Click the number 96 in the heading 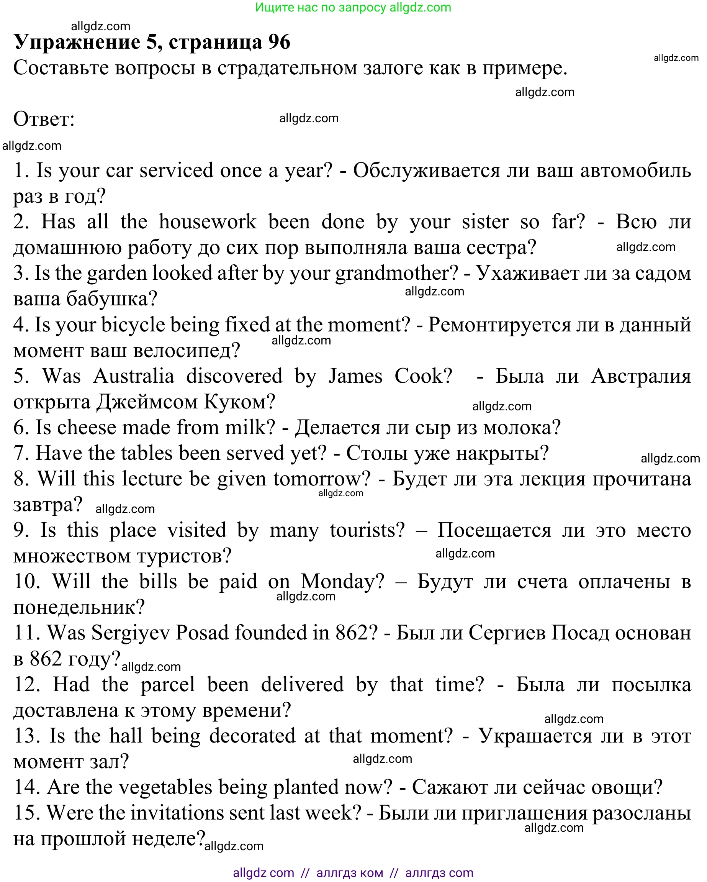point(279,42)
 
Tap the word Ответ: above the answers point(44,119)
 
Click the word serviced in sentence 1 point(176,170)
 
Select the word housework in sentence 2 point(207,222)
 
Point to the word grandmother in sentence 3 point(396,273)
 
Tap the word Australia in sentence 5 point(134,376)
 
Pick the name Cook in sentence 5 point(423,376)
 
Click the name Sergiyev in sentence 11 point(131,633)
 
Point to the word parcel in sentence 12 point(168,684)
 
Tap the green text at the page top point(353,7)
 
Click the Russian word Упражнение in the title point(77,42)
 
